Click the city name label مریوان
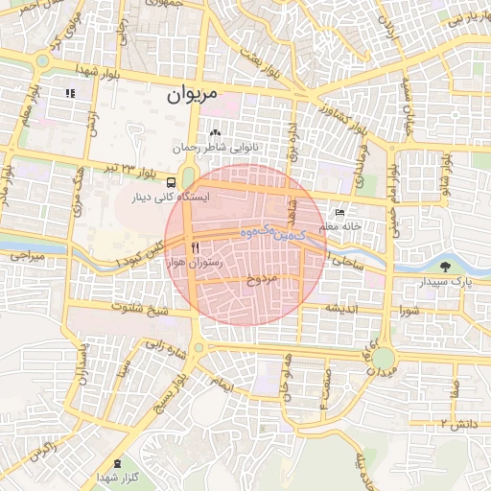click(x=192, y=94)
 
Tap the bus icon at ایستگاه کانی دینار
click(x=170, y=182)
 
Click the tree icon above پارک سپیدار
click(x=446, y=266)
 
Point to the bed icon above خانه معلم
click(x=339, y=212)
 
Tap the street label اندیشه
click(x=341, y=309)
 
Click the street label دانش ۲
click(x=457, y=422)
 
